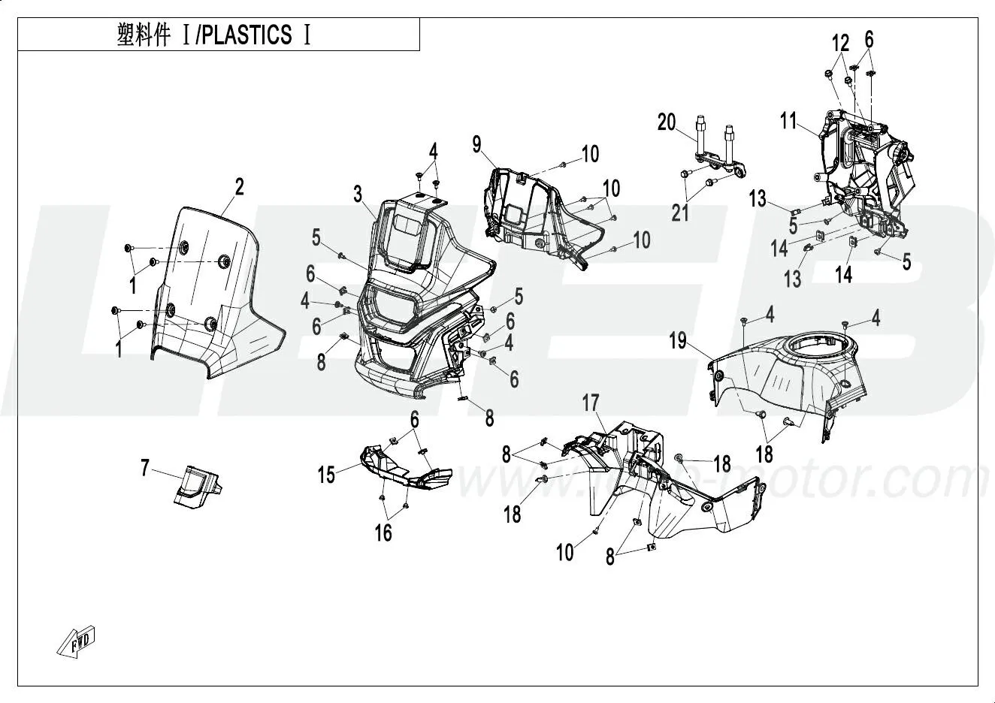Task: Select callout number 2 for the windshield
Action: [239, 187]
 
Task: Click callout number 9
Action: [476, 143]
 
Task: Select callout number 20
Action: [667, 122]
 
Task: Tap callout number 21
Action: [680, 213]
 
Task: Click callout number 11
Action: [788, 120]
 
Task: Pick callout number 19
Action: [678, 341]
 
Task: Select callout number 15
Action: [326, 475]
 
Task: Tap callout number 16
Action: [383, 532]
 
